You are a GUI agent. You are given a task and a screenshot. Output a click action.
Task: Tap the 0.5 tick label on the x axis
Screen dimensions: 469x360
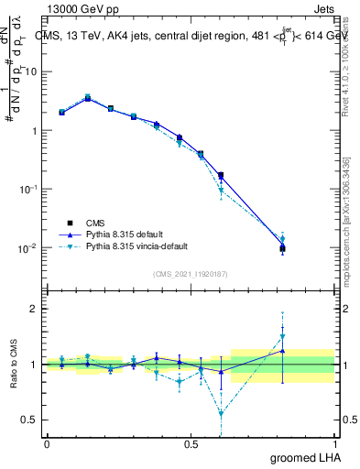[x=191, y=444]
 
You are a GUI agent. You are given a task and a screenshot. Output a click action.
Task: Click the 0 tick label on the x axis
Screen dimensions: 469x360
[x=47, y=444]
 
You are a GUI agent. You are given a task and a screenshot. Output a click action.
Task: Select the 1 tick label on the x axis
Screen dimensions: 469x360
[x=334, y=444]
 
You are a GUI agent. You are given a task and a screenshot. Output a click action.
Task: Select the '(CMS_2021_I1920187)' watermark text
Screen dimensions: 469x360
[x=190, y=273]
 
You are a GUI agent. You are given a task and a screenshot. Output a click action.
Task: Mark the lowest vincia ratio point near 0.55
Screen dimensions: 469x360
[x=220, y=413]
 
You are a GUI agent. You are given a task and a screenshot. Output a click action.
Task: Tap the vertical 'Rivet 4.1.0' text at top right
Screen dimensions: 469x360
[x=345, y=64]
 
